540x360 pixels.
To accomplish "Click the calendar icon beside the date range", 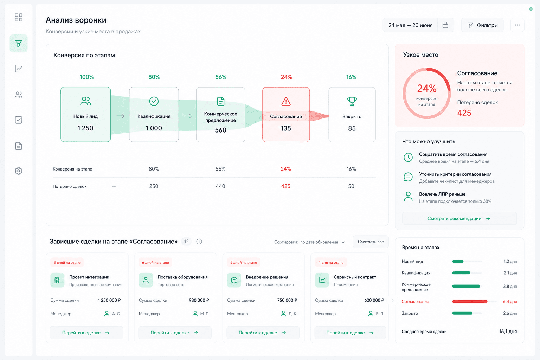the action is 445,25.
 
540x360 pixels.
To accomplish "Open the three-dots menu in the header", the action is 517,25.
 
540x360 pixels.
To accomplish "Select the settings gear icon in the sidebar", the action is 19,171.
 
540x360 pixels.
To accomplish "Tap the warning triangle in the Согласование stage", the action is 286,101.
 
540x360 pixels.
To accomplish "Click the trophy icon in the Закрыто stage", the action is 352,101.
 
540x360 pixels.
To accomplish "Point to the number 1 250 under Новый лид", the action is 85,128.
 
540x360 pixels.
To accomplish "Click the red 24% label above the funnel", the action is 287,77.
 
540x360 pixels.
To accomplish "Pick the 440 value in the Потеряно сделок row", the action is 220,186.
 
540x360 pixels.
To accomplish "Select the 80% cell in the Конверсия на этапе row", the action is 154,169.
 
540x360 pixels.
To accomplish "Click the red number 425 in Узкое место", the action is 464,113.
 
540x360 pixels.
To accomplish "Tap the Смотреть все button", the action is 371,242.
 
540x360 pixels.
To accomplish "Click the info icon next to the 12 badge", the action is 199,242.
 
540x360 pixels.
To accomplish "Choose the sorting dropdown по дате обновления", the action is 322,242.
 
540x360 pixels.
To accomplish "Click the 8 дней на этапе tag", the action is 67,262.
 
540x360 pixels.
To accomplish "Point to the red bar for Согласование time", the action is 470,302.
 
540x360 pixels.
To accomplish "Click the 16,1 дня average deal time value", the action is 508,332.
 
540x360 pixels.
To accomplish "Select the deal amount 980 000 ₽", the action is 199,300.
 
